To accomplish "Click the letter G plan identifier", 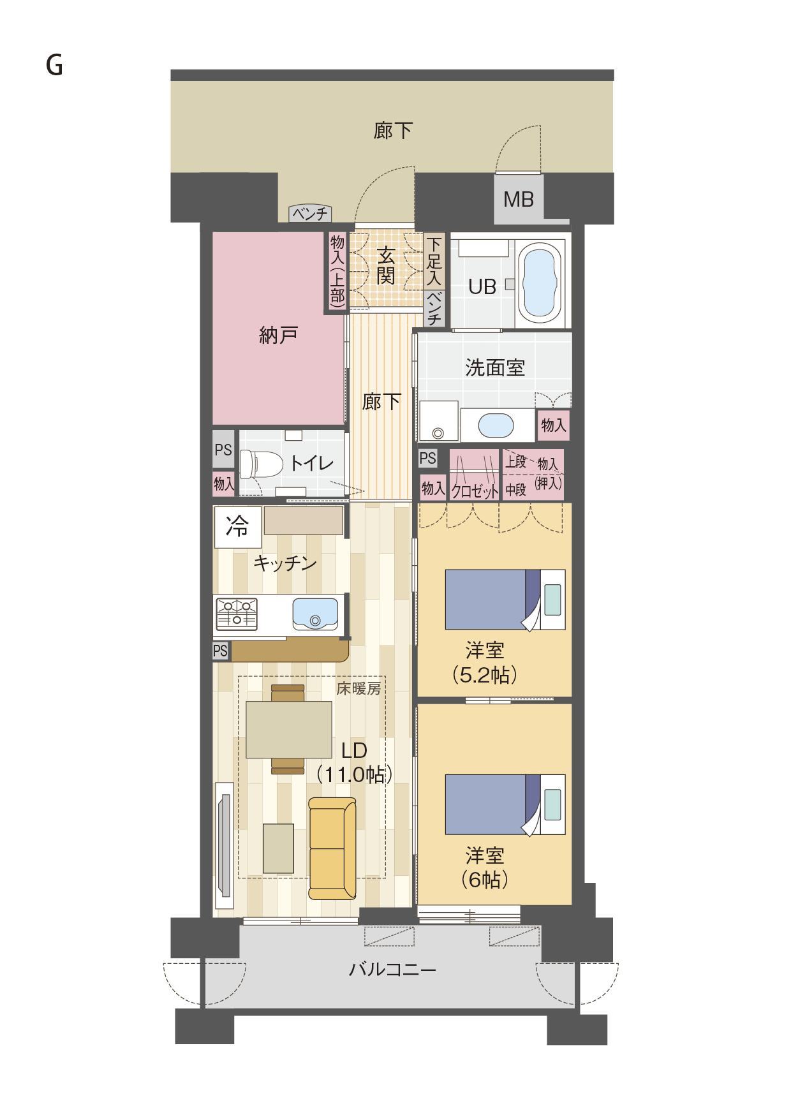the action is click(54, 65).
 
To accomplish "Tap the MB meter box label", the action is click(518, 200).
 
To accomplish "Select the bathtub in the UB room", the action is click(540, 283).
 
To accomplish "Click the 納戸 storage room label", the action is click(279, 335).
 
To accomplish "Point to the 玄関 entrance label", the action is click(386, 266).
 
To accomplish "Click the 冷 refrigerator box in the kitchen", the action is click(237, 527).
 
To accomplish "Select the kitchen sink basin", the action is click(315, 613).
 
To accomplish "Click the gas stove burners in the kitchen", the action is click(237, 614).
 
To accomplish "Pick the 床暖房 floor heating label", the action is click(359, 688).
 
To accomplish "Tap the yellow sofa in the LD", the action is click(332, 848).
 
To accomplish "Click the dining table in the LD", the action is click(289, 730).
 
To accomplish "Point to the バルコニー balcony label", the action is click(392, 970).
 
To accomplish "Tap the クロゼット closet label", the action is click(475, 491).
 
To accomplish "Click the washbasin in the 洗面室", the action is click(496, 425).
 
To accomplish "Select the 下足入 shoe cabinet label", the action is click(434, 261).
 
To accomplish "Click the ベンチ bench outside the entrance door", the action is click(309, 213).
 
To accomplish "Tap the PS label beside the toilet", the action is click(223, 450).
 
